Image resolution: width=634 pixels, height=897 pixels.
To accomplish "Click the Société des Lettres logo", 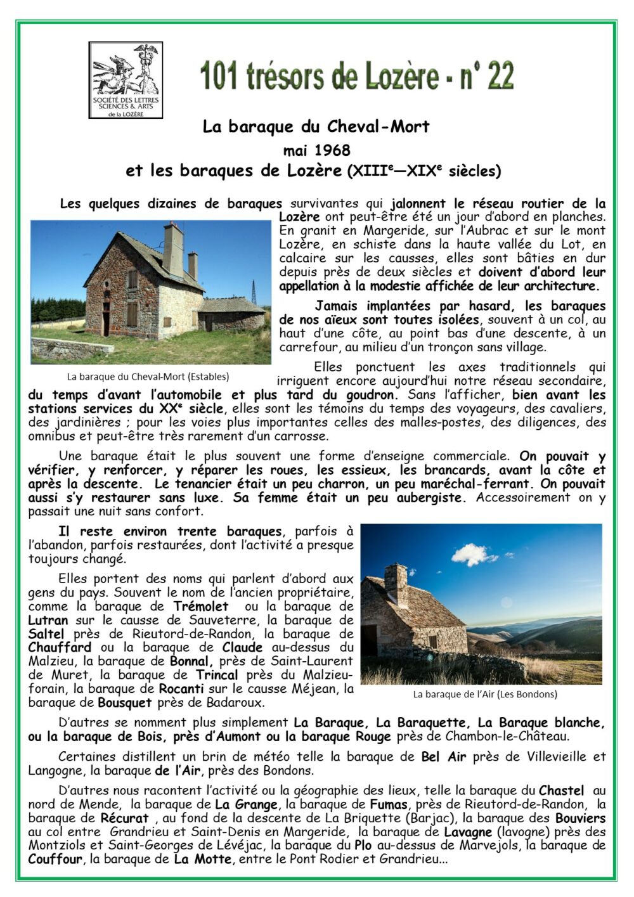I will click(x=126, y=80).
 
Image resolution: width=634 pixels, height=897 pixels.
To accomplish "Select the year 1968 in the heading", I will click(x=331, y=150).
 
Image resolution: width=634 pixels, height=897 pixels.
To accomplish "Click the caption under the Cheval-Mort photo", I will click(x=148, y=376).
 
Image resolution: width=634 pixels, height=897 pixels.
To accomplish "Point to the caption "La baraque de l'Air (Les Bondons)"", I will click(x=484, y=694).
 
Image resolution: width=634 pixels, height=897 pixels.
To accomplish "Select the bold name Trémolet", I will click(x=201, y=607).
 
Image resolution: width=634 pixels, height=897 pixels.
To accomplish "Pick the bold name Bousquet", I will click(x=125, y=703).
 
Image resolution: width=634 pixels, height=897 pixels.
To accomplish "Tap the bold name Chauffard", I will click(x=60, y=648).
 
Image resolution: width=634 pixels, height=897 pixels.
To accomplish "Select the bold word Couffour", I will click(x=55, y=860).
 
